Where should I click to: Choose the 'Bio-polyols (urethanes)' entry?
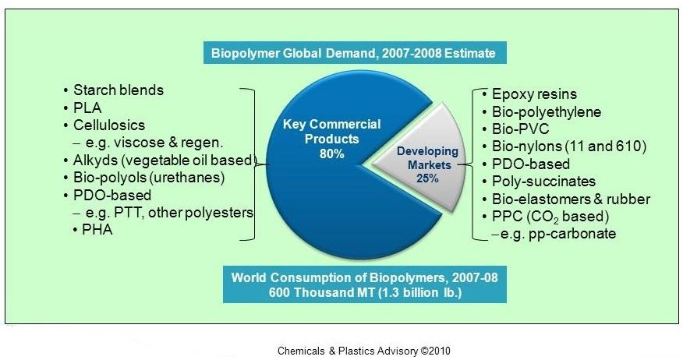pos(149,178)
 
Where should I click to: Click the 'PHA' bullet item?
pos(97,229)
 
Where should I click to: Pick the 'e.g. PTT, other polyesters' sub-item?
pos(169,213)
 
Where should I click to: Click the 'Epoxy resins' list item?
pos(534,94)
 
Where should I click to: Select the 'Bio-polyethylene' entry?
pos(547,112)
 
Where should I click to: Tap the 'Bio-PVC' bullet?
pos(521,129)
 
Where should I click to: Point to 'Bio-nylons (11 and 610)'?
pos(569,146)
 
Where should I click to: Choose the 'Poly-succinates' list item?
pos(543,181)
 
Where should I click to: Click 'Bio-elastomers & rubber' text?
pos(571,199)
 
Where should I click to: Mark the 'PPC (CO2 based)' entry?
pos(550,217)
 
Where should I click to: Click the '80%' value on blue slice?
pos(332,154)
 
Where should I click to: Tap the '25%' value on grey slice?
pos(427,178)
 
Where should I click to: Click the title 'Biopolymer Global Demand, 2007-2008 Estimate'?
pos(353,53)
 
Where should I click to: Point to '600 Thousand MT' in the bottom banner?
pos(321,292)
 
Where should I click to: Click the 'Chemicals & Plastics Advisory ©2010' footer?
pos(364,351)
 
